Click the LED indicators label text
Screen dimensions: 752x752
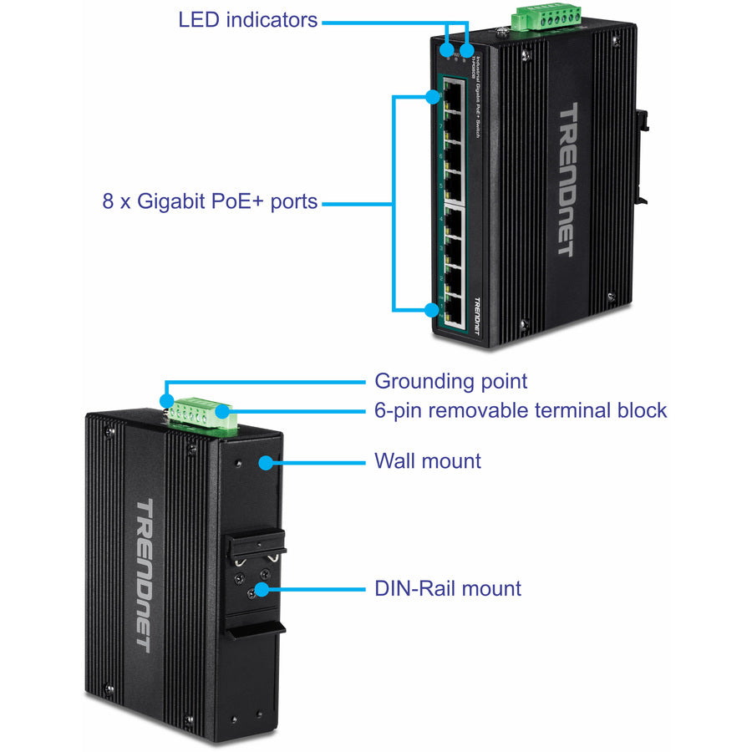(x=248, y=20)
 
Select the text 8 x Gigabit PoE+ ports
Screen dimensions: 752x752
(x=211, y=201)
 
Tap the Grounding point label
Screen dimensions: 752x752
(x=450, y=382)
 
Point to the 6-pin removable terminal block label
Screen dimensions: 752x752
(x=521, y=410)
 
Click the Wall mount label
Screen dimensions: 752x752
(x=427, y=461)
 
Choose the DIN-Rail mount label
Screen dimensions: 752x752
(x=447, y=588)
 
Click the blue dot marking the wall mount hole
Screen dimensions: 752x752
(x=266, y=461)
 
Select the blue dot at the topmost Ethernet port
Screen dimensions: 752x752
(x=432, y=97)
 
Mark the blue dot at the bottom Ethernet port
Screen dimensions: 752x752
(x=431, y=311)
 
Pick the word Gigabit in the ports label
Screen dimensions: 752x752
(x=171, y=201)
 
